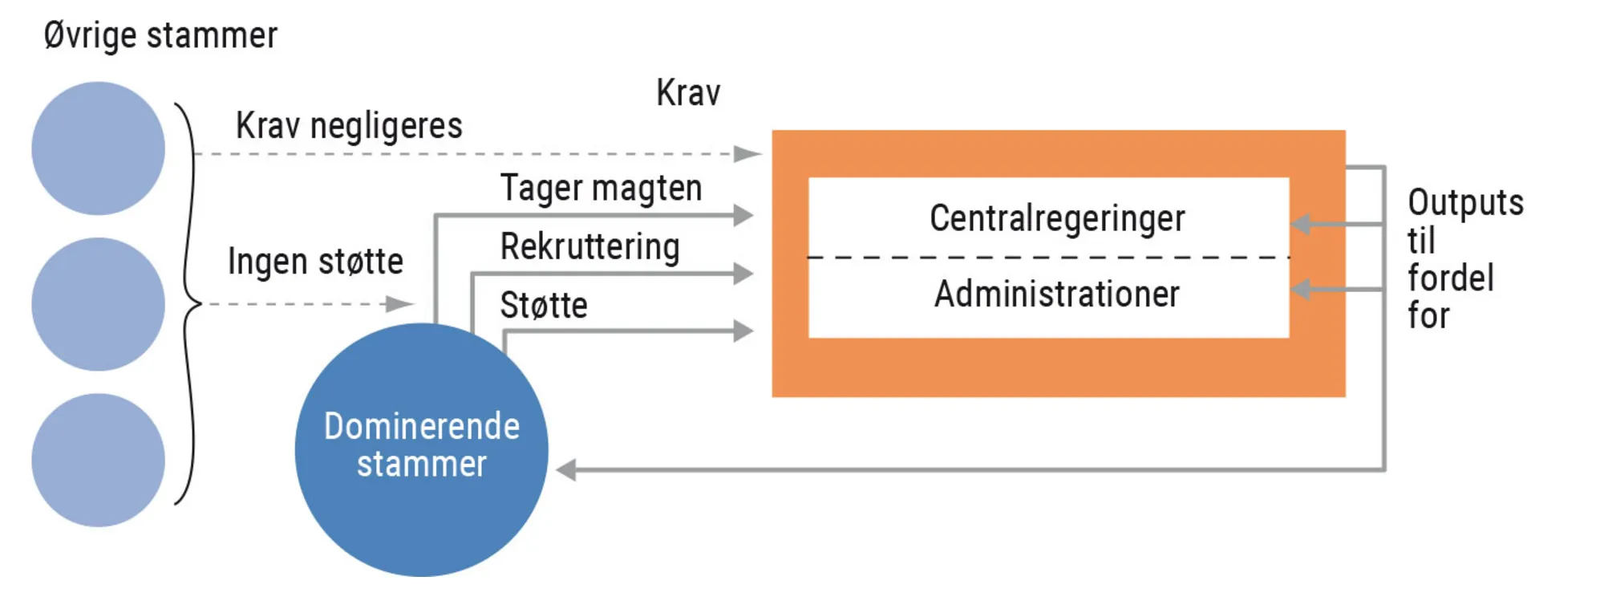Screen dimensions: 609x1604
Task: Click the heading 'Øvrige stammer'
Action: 160,36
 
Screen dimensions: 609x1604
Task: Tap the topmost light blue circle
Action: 98,148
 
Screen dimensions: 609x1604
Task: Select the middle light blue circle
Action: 98,304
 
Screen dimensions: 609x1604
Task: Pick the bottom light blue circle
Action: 98,460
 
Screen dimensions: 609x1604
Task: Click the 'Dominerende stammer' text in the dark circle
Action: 422,445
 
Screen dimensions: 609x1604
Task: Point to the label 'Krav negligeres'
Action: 349,126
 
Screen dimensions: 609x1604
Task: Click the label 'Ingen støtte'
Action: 315,262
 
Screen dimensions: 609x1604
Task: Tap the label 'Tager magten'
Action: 601,189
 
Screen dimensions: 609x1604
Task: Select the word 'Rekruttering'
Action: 589,246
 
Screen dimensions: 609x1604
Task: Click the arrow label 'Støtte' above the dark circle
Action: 544,305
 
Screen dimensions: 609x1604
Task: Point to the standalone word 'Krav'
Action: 688,93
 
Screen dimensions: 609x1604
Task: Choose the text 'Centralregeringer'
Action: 1057,218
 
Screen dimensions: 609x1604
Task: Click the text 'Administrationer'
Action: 1057,294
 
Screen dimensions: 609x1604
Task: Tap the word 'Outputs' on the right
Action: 1465,203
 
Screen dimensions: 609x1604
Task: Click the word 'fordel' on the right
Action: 1451,278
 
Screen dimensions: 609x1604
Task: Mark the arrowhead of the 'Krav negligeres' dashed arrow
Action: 748,153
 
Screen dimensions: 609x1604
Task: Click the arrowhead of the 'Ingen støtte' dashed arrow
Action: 400,304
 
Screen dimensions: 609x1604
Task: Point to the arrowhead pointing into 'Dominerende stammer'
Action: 566,469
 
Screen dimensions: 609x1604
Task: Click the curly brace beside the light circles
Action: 189,304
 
